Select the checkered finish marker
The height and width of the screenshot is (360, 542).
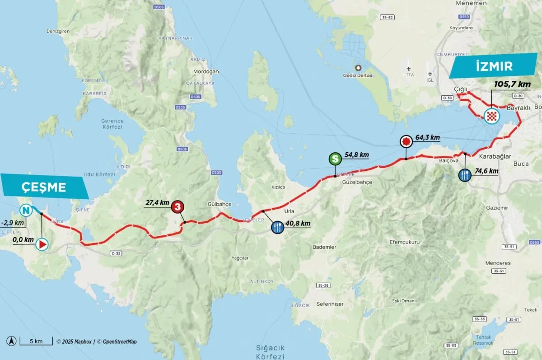tap(491, 117)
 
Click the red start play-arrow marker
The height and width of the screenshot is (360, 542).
tap(42, 244)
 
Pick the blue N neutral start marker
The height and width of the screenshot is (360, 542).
tap(26, 210)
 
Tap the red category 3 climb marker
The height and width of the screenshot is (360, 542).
tap(178, 207)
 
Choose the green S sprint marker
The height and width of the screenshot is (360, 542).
tap(335, 159)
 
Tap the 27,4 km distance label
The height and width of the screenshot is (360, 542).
tap(157, 203)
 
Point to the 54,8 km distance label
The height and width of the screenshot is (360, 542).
tap(357, 154)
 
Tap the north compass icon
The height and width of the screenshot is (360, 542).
tap(12, 341)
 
